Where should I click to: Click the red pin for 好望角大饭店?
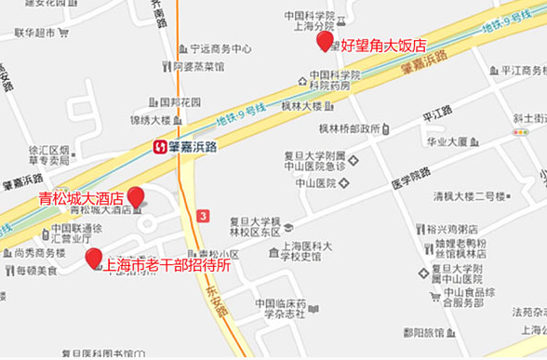[x=325, y=40]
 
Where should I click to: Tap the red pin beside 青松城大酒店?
[x=136, y=197]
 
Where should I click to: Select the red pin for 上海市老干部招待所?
[x=93, y=258]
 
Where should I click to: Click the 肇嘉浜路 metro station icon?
[x=161, y=146]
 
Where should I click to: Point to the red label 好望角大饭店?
[x=382, y=45]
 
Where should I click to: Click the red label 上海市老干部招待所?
[x=167, y=263]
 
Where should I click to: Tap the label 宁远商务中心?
[x=220, y=48]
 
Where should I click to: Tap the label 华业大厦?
[x=446, y=141]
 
